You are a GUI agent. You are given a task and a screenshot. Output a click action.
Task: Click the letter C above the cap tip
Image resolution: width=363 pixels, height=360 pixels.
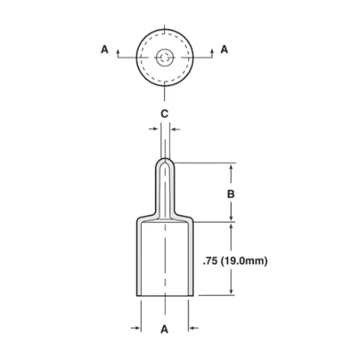tap(165, 114)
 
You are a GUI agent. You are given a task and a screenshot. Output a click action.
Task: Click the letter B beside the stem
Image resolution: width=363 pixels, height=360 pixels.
tap(230, 194)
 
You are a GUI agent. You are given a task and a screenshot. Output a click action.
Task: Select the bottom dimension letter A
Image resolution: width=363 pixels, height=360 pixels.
tap(165, 329)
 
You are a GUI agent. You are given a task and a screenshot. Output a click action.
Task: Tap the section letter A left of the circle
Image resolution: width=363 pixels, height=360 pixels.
tap(104, 50)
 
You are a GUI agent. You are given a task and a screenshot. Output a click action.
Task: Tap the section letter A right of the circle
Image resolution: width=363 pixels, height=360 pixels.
tap(224, 50)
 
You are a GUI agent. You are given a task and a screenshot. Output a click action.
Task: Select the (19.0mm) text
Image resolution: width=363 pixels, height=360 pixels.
tap(244, 261)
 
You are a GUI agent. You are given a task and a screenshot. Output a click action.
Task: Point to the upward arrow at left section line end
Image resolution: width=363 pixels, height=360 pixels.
tap(117, 53)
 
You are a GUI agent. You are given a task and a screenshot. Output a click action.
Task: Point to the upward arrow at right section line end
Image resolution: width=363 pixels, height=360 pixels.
tap(212, 53)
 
